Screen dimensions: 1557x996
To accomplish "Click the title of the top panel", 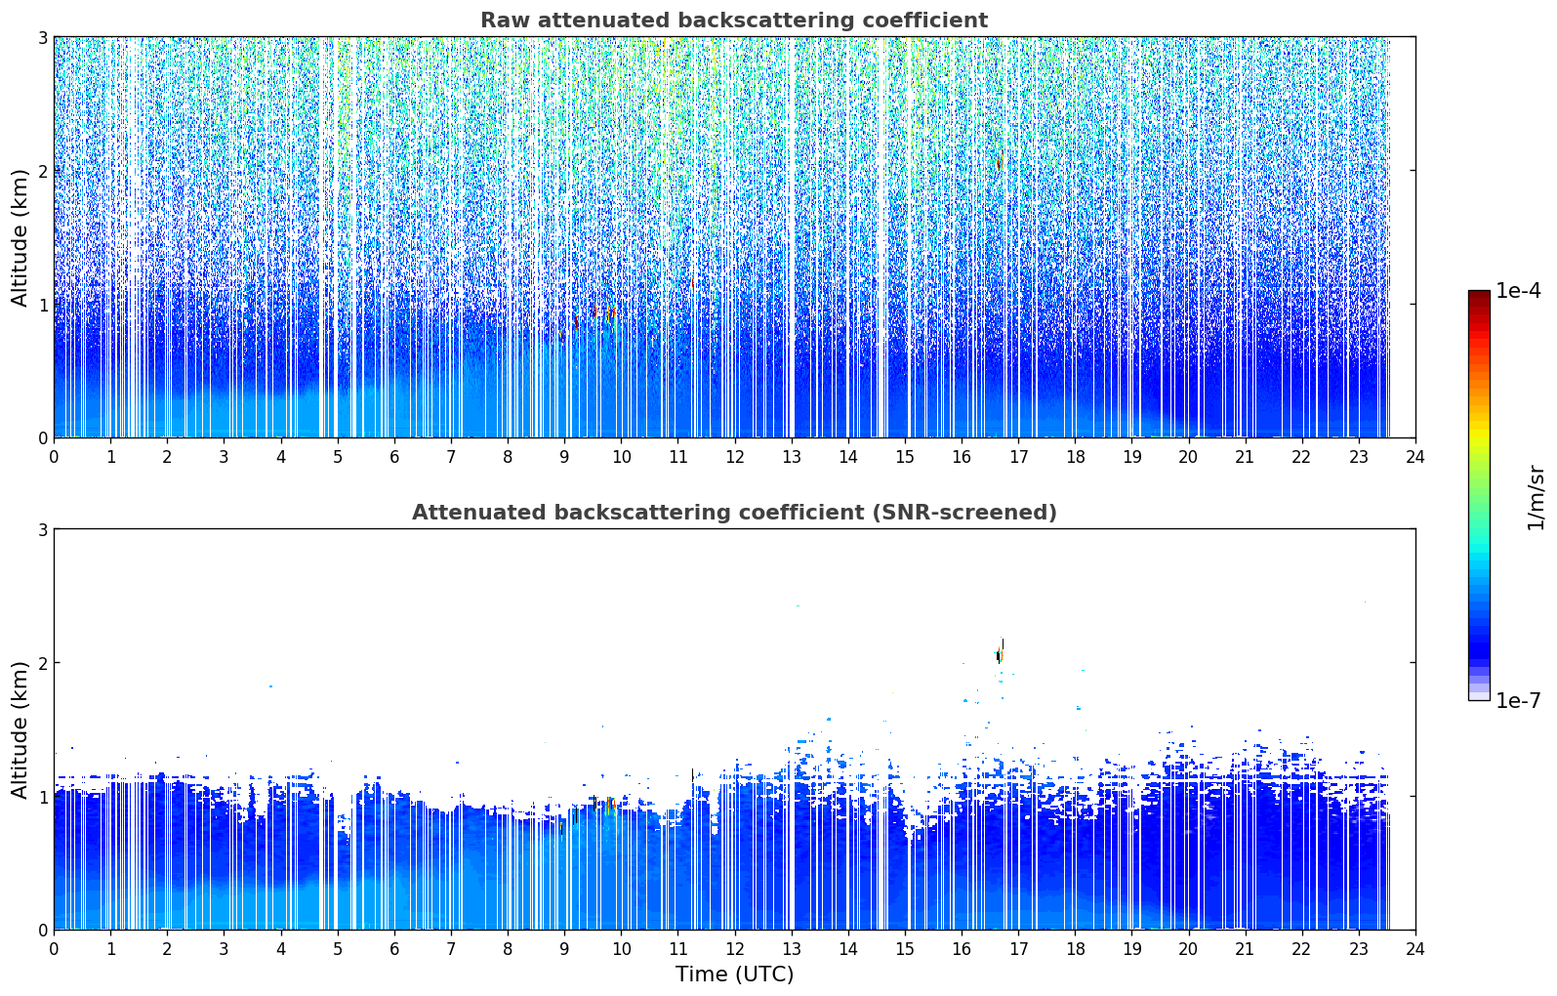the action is pos(734,21).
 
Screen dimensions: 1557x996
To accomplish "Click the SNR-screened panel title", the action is pos(734,513).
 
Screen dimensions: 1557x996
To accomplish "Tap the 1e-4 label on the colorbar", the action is pos(1519,291).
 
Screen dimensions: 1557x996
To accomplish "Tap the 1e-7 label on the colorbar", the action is pos(1519,700).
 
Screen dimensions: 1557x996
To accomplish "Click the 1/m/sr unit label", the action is pos(1536,498).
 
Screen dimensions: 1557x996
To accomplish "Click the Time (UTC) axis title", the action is pos(734,975).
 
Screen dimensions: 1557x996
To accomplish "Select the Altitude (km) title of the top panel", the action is pos(20,238).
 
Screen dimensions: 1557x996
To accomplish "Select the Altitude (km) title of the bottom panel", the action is pos(20,730).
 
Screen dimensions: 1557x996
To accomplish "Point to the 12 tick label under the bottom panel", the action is pos(735,949).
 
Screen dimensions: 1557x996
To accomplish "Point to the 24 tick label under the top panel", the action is pos(1415,457).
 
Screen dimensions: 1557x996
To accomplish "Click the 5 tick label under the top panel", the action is pos(338,457).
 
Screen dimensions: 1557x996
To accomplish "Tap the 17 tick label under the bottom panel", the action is pos(1018,949).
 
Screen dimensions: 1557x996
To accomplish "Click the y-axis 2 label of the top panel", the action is pos(43,171).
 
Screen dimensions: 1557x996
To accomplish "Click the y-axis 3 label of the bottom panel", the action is pos(43,530).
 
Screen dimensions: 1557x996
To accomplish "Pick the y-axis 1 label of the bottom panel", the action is pos(43,797).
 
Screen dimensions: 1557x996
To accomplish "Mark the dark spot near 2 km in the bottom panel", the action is pos(999,654).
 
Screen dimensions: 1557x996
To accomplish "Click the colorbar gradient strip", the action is pos(1479,495).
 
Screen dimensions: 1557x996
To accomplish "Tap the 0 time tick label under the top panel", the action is pos(55,457).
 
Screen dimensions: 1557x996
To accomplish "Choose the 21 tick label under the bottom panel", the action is pos(1245,949).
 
